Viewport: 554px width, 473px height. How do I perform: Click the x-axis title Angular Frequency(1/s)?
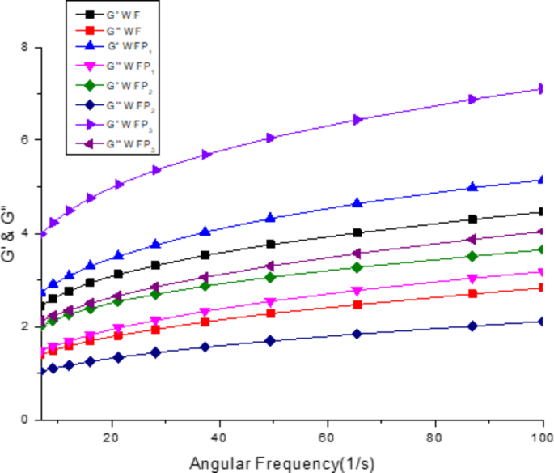click(281, 463)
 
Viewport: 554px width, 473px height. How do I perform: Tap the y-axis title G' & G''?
click(7, 232)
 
